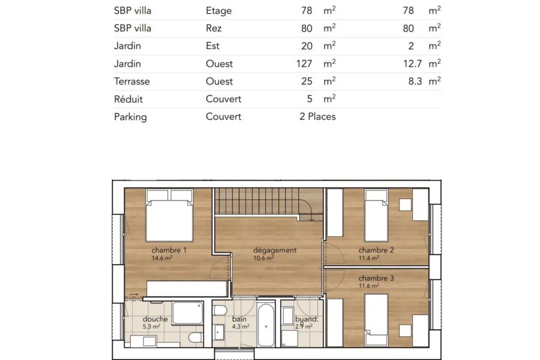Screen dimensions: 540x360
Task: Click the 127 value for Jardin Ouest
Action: (304, 64)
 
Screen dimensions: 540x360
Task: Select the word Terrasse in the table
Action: (132, 82)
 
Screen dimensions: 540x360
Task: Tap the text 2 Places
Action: (317, 116)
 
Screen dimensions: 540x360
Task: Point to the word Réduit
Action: (128, 99)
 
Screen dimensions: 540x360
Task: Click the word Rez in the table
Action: (214, 28)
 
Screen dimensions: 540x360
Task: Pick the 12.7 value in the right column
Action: (413, 64)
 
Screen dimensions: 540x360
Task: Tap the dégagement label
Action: (275, 250)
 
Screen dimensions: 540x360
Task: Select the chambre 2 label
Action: (376, 250)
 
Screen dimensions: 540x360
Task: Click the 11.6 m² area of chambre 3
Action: (369, 286)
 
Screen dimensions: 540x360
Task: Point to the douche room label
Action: (155, 319)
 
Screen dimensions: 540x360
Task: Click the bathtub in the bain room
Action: (266, 325)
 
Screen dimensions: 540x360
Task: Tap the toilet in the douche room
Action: (196, 337)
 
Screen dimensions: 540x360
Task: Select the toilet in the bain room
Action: (220, 311)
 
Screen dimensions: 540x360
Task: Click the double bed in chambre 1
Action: (169, 215)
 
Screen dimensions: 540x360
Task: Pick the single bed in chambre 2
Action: (376, 215)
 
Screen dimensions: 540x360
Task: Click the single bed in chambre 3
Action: (376, 320)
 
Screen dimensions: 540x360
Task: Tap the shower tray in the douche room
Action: (188, 313)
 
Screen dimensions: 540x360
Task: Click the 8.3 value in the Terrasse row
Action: (415, 82)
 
